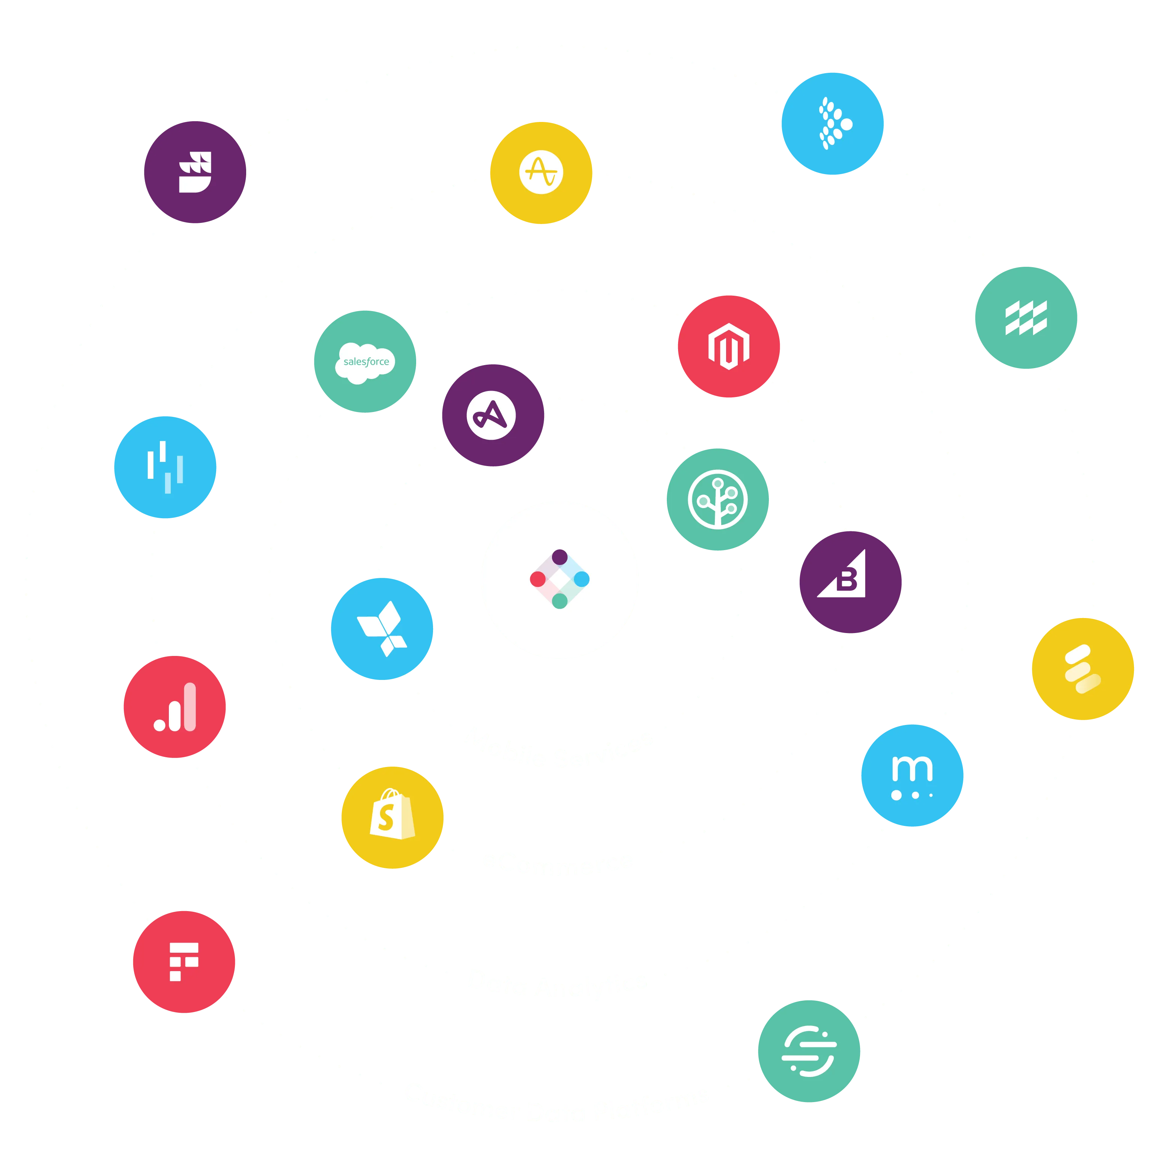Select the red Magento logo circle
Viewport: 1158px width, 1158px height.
coord(728,346)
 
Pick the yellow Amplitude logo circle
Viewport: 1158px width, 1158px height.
coord(541,173)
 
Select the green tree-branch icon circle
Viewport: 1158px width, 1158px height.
coord(718,499)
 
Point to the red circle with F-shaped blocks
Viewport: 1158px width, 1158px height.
coord(184,961)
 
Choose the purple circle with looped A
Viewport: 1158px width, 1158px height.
coord(493,415)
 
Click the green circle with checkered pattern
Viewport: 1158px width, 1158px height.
coord(1026,317)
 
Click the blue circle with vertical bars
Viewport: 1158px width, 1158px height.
coord(165,467)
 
